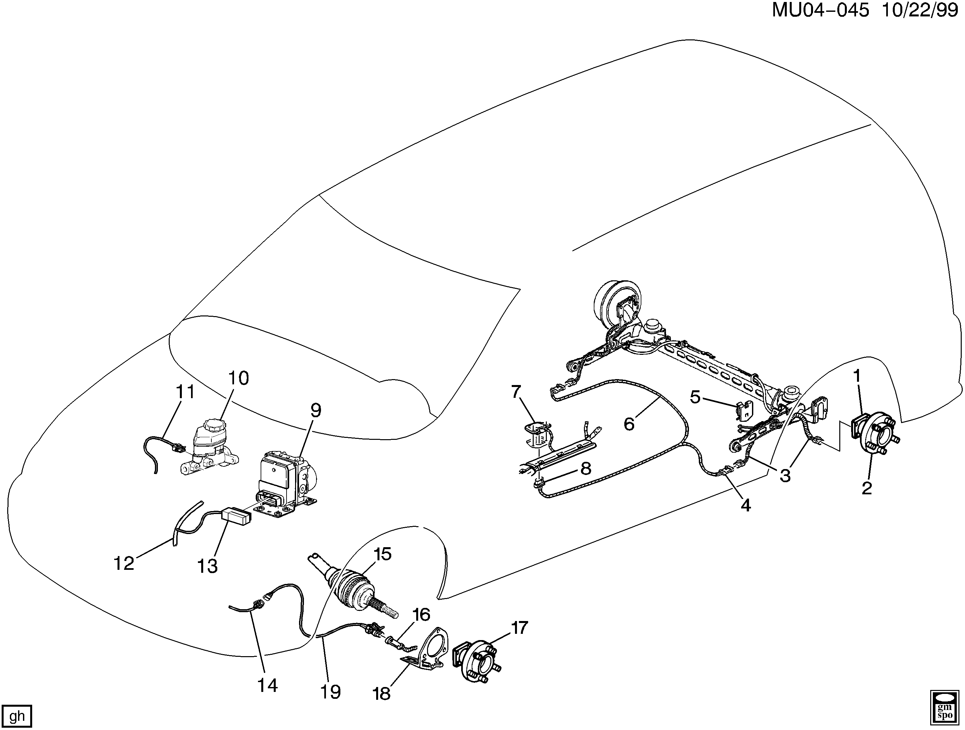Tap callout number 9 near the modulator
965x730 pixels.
[x=315, y=410]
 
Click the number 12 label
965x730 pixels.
[x=123, y=563]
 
